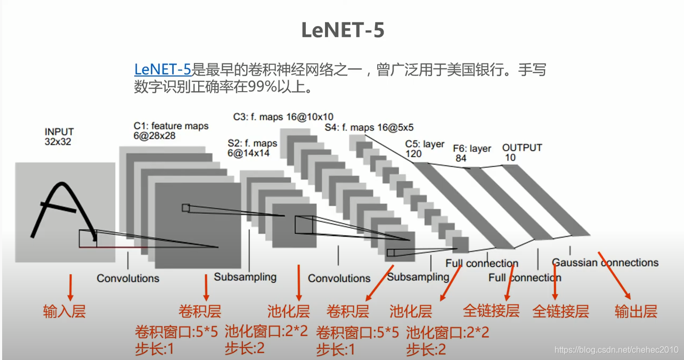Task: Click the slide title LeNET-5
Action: (343, 30)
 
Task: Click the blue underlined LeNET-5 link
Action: (162, 69)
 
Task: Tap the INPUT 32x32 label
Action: (59, 137)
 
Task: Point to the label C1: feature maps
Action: (171, 126)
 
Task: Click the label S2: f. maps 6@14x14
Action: (253, 148)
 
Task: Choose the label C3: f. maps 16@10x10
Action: (283, 117)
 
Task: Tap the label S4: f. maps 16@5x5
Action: (369, 128)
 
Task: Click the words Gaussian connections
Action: (605, 263)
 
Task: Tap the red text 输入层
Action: (64, 312)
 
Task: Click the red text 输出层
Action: (636, 311)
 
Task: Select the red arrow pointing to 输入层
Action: (70, 287)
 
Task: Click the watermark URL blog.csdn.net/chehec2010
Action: (616, 350)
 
